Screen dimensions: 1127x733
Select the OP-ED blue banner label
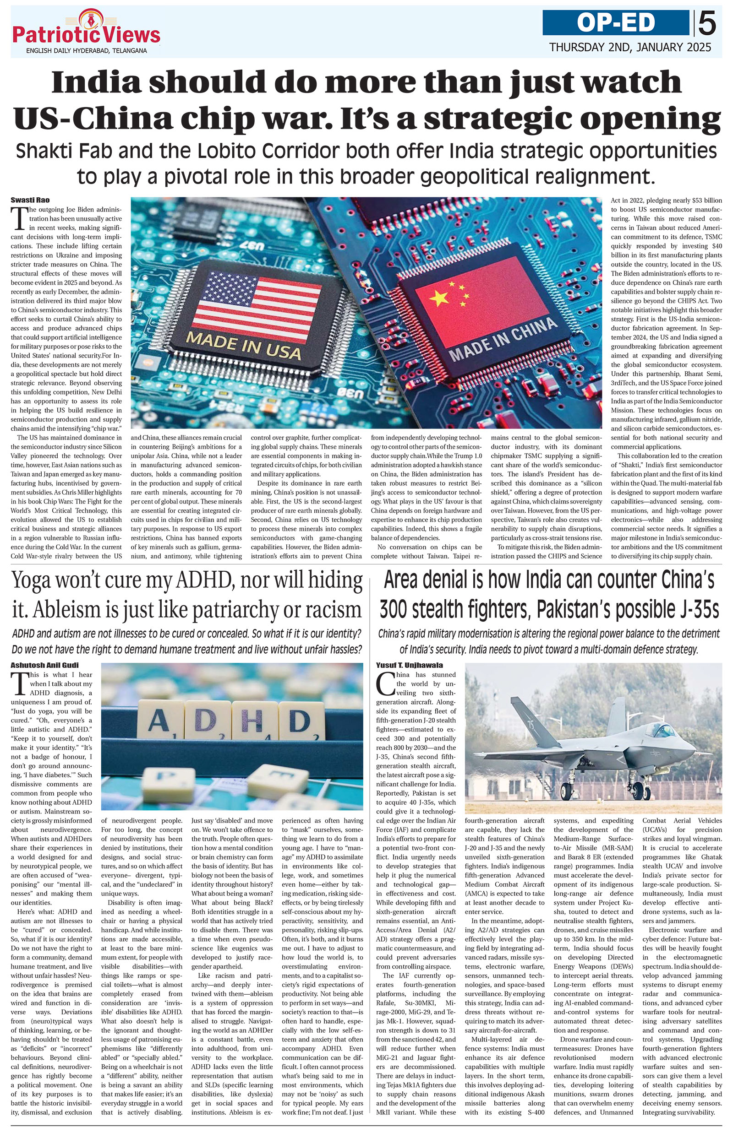(616, 22)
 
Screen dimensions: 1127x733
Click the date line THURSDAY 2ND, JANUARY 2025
(630, 47)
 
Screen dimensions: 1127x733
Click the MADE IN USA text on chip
(244, 346)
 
